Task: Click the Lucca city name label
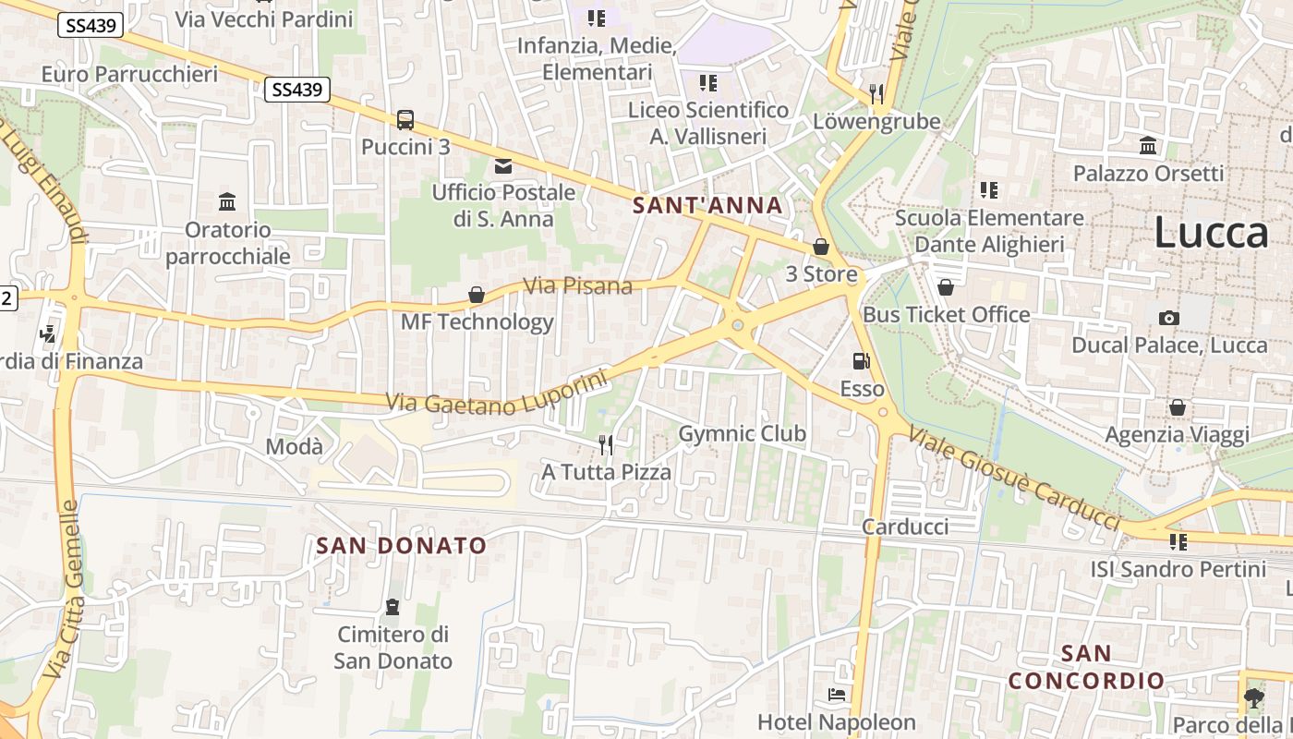click(1211, 233)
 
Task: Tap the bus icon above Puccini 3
click(405, 119)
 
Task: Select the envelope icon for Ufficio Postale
click(503, 166)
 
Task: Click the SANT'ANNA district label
click(708, 205)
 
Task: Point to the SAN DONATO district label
click(401, 545)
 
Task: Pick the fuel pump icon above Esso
click(861, 361)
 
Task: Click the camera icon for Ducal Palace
click(1168, 318)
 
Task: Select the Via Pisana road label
click(577, 285)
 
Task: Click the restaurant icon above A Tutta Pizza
click(606, 444)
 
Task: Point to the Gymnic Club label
click(742, 433)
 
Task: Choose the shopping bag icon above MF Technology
click(477, 295)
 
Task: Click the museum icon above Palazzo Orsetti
click(1148, 145)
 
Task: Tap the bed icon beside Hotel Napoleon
click(837, 694)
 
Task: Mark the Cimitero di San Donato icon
click(393, 607)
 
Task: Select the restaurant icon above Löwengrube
click(876, 92)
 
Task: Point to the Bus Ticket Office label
click(946, 314)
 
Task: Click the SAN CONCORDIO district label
click(1086, 667)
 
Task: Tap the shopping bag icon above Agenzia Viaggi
click(1178, 406)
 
